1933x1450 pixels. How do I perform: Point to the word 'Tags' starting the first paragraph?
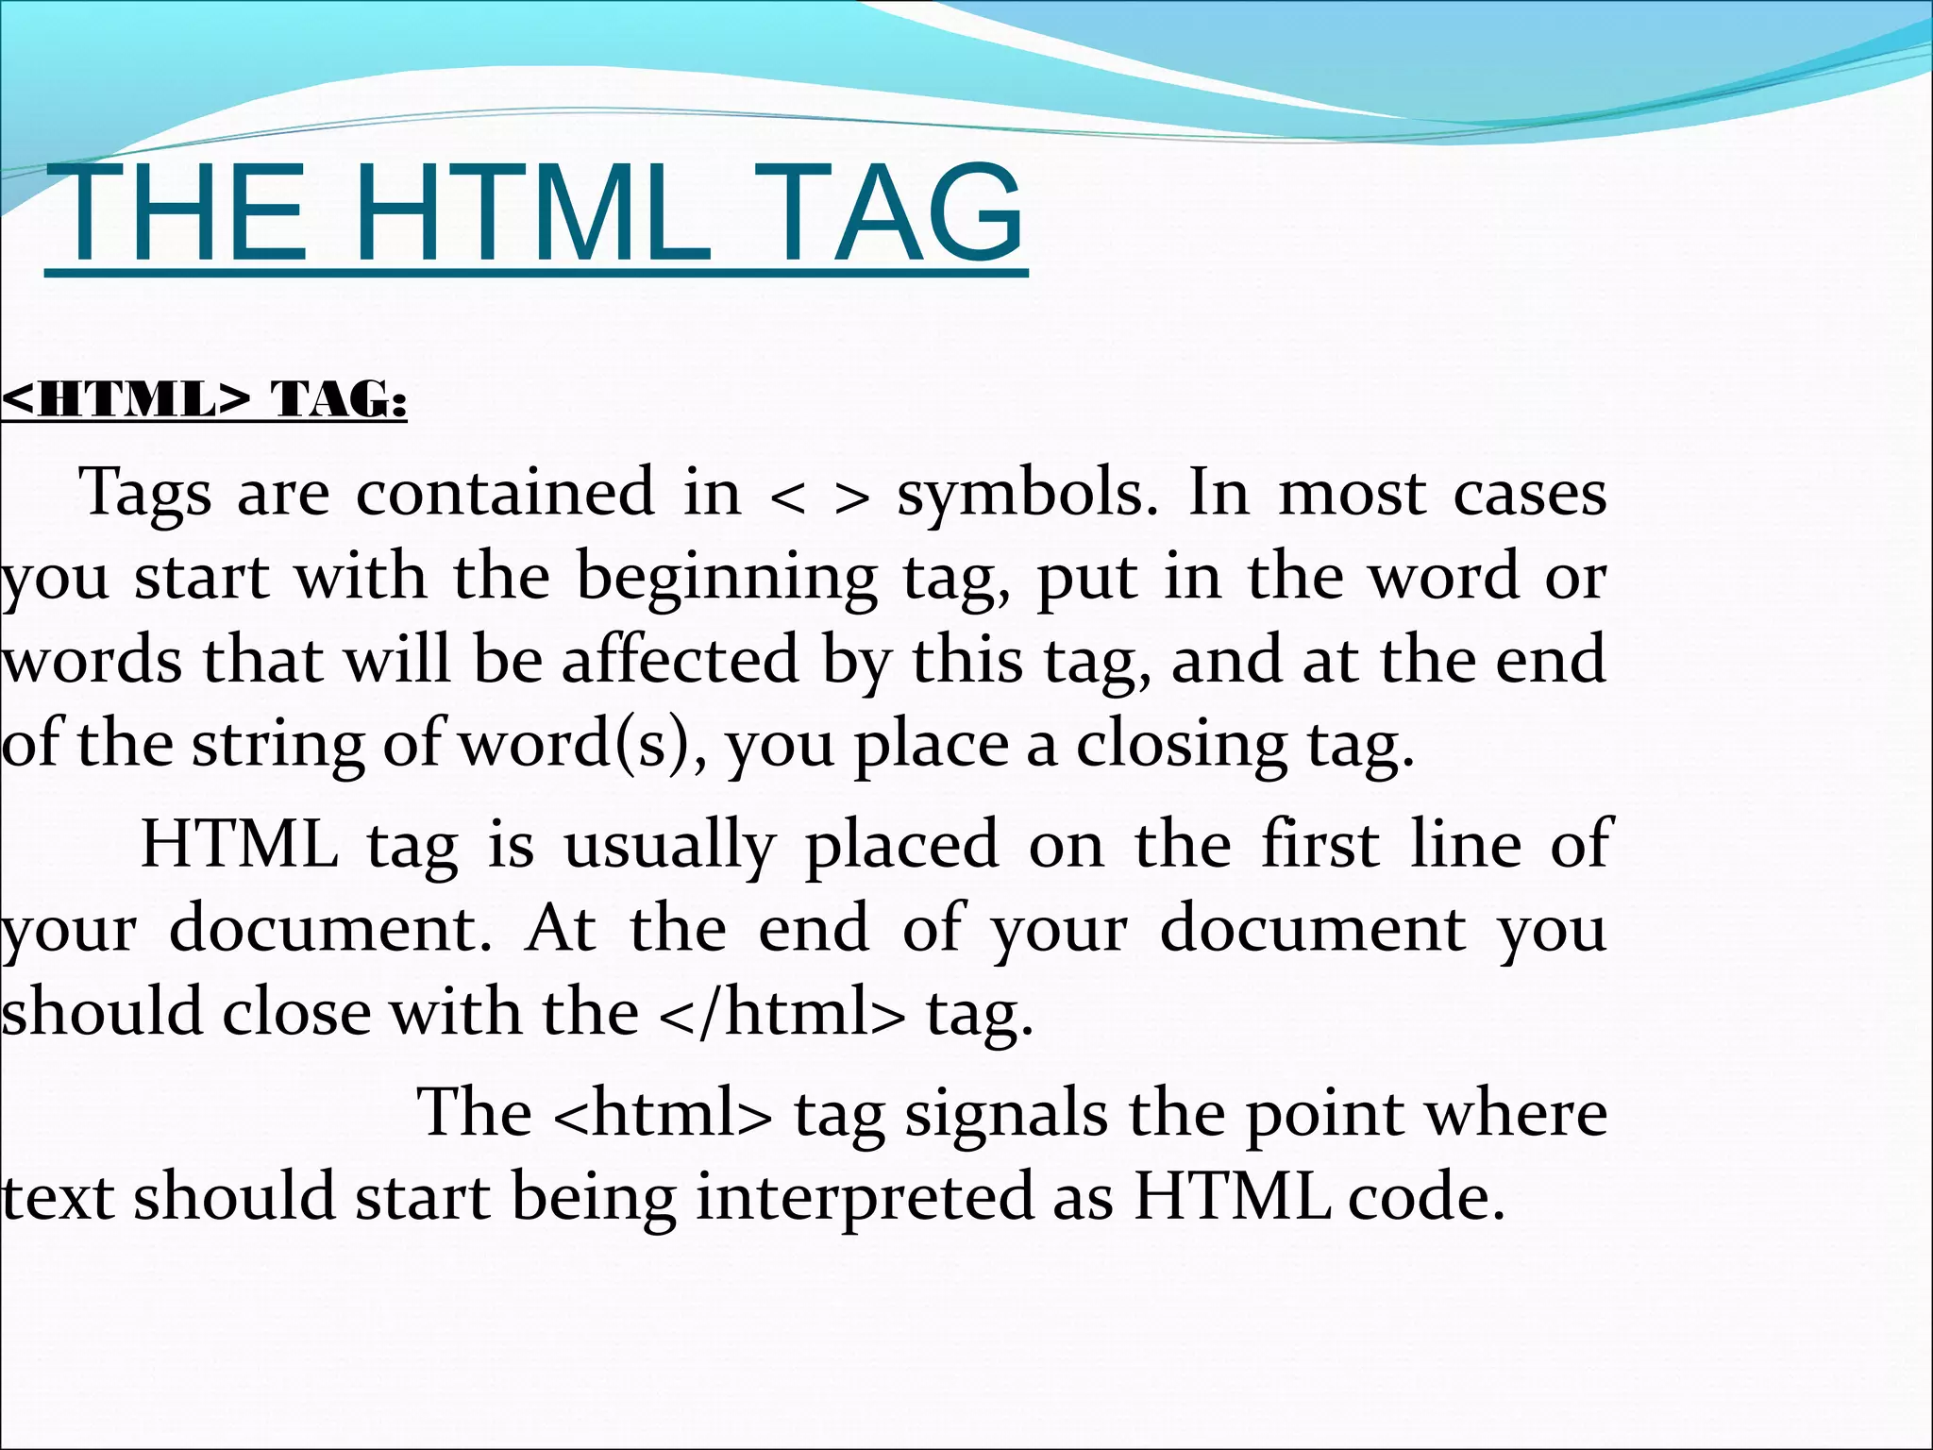tap(145, 494)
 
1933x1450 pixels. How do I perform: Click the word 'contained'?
tap(505, 492)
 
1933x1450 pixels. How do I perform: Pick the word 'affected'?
tap(681, 659)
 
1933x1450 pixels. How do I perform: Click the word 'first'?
tap(1319, 844)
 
